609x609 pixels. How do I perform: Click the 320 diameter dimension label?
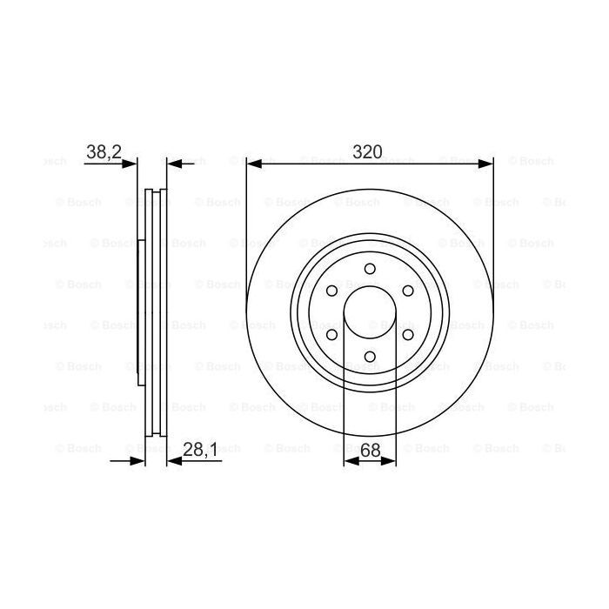point(367,151)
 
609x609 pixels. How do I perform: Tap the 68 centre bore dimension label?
point(370,450)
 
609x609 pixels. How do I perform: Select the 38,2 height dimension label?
point(103,151)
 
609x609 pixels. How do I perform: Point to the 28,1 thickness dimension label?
point(199,450)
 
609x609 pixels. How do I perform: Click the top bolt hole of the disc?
point(370,268)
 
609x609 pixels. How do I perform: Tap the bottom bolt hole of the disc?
point(370,355)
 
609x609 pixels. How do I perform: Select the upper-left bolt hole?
point(332,290)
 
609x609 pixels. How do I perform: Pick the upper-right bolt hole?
point(407,290)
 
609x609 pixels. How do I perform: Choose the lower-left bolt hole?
point(332,333)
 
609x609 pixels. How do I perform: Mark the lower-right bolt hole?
point(407,333)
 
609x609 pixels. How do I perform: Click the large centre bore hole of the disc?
point(370,311)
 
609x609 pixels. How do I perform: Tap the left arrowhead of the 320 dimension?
point(253,163)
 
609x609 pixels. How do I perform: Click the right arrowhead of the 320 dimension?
point(486,163)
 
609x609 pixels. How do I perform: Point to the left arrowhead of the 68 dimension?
point(351,461)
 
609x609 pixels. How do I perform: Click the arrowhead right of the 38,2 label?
point(131,163)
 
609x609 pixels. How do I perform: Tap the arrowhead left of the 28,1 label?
point(173,461)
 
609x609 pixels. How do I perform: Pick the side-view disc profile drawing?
point(152,311)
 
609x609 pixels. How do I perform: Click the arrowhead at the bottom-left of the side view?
point(137,461)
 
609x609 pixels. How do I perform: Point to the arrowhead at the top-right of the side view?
point(173,163)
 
